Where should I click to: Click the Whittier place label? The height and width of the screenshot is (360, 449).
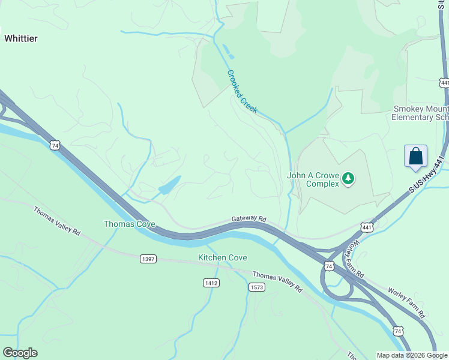[x=21, y=38]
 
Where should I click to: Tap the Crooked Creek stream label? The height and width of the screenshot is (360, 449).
[x=242, y=92]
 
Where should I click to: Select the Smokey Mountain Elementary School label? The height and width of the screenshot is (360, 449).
[x=420, y=113]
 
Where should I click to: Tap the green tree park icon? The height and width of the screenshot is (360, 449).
[x=348, y=178]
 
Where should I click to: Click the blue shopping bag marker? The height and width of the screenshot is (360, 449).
[x=415, y=157]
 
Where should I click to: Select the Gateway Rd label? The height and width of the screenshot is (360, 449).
[x=249, y=220]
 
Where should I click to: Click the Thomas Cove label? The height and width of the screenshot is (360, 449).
[x=129, y=224]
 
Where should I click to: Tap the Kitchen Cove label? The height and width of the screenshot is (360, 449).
[x=223, y=257]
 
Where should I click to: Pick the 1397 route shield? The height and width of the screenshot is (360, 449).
[x=148, y=259]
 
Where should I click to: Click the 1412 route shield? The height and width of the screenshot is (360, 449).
[x=211, y=283]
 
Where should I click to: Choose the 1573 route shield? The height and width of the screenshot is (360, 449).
[x=256, y=287]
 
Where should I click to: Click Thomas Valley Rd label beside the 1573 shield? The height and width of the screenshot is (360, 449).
[x=277, y=281]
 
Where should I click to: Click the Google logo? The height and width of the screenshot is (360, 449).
[x=20, y=353]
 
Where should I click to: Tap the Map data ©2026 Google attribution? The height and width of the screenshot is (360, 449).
[x=412, y=355]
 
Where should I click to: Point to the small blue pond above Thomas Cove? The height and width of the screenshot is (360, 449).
[x=169, y=185]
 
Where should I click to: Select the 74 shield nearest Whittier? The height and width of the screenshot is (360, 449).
[x=55, y=145]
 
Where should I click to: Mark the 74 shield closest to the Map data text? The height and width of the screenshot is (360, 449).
[x=398, y=331]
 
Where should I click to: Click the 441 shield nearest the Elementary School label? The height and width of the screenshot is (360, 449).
[x=444, y=83]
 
